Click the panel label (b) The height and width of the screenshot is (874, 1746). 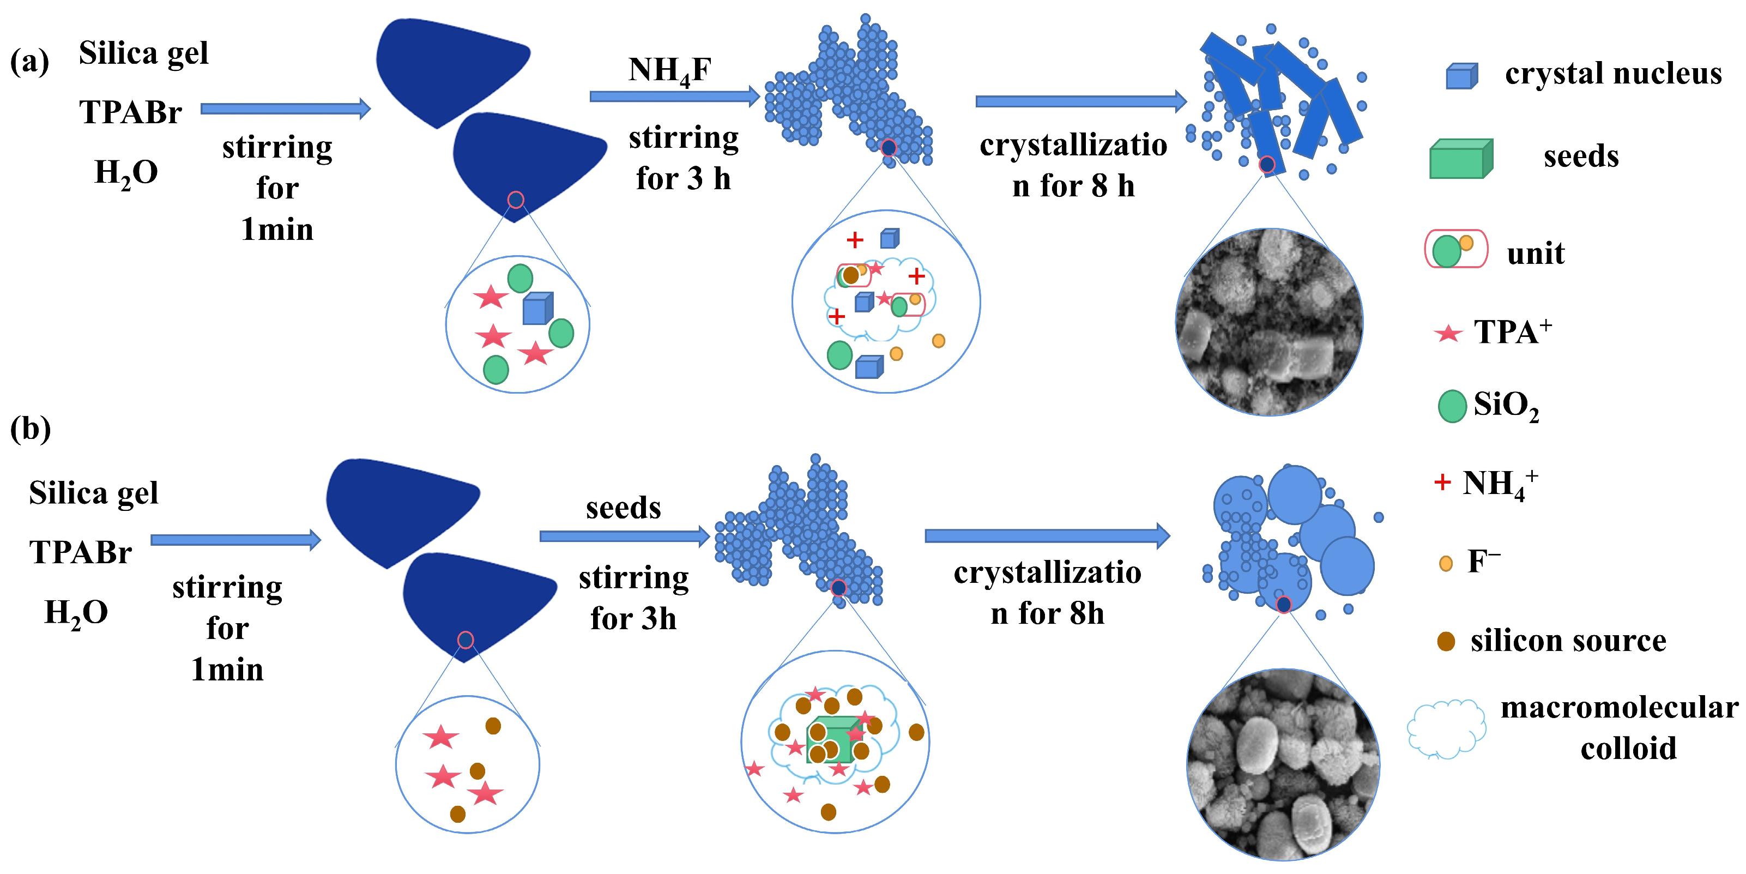coord(31,429)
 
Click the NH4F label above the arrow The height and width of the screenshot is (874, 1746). coord(669,70)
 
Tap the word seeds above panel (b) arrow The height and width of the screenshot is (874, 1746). coord(623,508)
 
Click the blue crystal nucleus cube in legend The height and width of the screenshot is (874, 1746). coord(1461,76)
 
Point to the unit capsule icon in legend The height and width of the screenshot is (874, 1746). coord(1455,249)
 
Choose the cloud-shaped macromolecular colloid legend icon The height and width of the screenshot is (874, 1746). coord(1446,729)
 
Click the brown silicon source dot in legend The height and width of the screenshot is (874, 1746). coord(1446,641)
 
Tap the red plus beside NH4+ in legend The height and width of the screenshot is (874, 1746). coord(1442,482)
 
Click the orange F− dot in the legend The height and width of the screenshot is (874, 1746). coord(1445,563)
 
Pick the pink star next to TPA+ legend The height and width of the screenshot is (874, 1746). coord(1448,334)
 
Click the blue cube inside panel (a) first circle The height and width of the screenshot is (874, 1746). coord(537,309)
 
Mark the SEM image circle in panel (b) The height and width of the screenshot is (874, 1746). coord(1283,764)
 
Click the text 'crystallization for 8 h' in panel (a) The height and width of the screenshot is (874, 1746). coord(1073,165)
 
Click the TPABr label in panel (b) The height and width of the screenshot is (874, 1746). coord(80,553)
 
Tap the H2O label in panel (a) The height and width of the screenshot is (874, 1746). coord(126,173)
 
